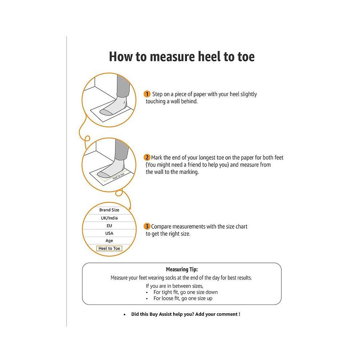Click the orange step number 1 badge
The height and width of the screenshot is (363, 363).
click(x=147, y=94)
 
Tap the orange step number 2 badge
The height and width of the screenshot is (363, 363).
click(x=147, y=157)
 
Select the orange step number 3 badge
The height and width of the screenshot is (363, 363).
click(x=147, y=226)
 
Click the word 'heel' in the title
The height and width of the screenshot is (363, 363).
click(x=204, y=57)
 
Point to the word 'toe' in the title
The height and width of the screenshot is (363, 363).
click(x=245, y=57)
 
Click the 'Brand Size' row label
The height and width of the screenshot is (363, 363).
click(x=109, y=210)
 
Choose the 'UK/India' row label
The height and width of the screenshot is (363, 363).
click(x=109, y=218)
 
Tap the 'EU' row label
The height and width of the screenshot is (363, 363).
click(x=109, y=226)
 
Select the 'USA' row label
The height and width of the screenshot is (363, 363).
click(x=109, y=233)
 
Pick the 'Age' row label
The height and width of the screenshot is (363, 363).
click(x=109, y=241)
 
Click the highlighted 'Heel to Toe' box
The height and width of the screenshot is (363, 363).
click(x=109, y=248)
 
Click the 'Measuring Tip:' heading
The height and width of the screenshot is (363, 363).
click(x=181, y=269)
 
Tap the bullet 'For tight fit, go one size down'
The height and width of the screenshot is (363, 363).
click(x=185, y=292)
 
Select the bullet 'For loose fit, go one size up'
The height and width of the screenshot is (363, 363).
click(x=183, y=298)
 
